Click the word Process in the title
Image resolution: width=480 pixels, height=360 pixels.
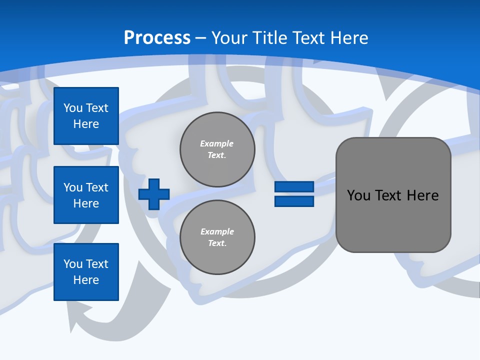point(157,38)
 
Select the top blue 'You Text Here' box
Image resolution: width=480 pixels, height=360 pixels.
point(86,116)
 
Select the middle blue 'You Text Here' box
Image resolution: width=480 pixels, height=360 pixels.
point(86,195)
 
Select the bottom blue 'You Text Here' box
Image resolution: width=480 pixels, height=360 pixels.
point(86,272)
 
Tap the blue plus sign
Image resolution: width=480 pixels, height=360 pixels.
point(154,194)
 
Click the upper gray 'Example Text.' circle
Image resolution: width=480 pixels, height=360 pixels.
point(217,149)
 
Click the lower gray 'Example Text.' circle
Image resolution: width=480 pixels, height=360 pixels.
point(217,237)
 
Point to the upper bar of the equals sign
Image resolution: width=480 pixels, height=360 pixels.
point(294,187)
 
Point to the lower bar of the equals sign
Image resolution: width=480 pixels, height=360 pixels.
point(294,201)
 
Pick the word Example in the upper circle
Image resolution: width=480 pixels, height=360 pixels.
point(217,143)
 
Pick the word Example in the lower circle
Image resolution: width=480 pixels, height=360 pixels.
point(217,231)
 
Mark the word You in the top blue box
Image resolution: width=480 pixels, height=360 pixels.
point(72,108)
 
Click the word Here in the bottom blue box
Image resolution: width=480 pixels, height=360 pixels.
point(86,280)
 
